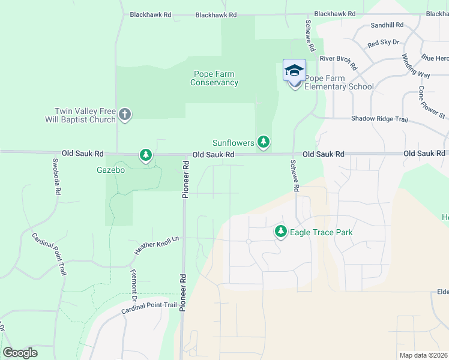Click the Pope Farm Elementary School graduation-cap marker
294,71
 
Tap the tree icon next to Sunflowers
263,142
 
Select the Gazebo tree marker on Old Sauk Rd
145,155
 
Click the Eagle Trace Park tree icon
280,231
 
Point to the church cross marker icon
125,113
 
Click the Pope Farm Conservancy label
214,79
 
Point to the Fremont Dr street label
134,286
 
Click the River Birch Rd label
339,62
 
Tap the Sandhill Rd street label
387,25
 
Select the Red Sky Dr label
384,43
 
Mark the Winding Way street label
416,66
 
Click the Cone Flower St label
432,101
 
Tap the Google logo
20,353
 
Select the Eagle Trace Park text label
321,232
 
